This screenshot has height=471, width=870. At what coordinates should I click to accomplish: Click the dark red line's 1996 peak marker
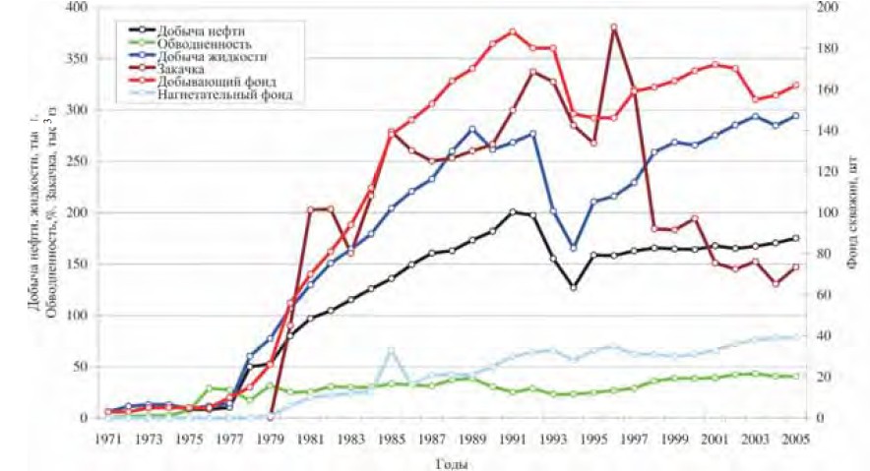[613, 28]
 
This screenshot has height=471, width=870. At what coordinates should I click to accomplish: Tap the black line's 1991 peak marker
[512, 211]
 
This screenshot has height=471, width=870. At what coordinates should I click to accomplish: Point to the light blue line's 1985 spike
[391, 349]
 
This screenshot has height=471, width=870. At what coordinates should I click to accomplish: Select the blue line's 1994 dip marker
[573, 248]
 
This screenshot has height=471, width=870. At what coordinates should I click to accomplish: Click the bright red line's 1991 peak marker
[512, 31]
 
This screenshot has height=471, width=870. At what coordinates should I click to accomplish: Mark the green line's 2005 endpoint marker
[795, 377]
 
